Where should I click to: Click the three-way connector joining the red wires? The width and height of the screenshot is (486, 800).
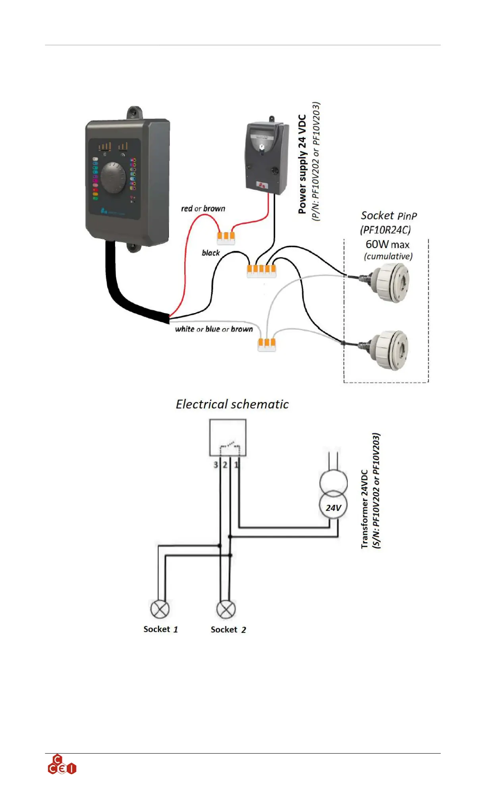point(226,237)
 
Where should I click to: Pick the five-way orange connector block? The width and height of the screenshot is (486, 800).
point(261,271)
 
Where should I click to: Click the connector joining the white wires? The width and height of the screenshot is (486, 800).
point(267,344)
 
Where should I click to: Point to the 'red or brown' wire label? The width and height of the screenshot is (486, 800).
point(203,209)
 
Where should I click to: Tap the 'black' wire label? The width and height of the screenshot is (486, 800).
point(211,253)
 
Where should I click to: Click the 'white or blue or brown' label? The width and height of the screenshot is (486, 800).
point(214,329)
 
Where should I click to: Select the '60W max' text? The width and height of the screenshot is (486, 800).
point(388,244)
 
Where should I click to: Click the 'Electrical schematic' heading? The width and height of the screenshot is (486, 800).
point(232,404)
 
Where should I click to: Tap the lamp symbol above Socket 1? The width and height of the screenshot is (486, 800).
point(160,609)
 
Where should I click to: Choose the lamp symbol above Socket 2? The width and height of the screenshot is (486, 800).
point(226,609)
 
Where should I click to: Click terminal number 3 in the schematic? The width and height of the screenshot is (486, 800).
point(216,465)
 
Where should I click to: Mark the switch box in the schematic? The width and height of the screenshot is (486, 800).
point(228,437)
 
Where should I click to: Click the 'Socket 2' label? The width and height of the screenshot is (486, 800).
point(228,630)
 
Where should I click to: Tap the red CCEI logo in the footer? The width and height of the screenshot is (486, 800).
point(62,765)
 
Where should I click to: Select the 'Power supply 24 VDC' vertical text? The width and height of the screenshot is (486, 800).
point(303,164)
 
